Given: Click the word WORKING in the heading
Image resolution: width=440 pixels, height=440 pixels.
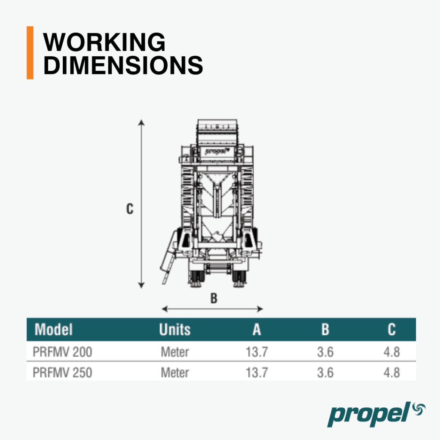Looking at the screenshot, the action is (104, 42).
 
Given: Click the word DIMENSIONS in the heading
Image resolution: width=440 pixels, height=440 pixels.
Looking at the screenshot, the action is (123, 65).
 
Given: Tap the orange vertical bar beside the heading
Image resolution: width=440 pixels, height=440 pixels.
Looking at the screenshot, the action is (30, 53).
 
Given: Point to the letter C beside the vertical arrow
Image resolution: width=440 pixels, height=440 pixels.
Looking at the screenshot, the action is (130, 209).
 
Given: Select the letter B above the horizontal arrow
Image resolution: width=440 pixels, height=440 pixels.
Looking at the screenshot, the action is (214, 298).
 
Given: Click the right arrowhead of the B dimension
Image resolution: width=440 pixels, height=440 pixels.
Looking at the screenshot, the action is (260, 309).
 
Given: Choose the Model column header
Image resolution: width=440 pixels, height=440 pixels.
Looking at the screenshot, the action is (54, 330).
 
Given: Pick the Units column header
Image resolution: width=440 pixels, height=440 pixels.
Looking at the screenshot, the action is (175, 330).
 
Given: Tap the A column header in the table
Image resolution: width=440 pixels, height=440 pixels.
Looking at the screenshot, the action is (257, 330).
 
